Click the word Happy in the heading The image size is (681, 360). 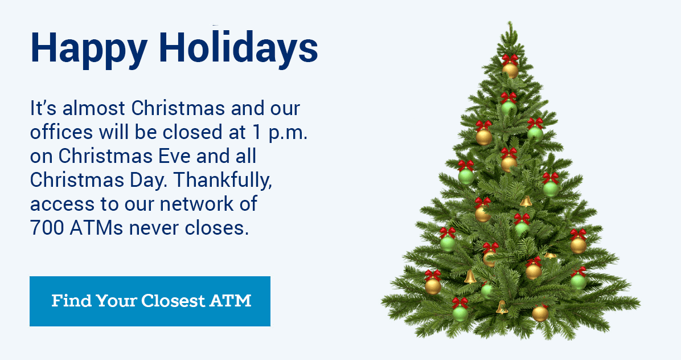[x=89, y=48]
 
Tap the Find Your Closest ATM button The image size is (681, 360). [x=150, y=301]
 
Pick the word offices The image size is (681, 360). [x=61, y=132]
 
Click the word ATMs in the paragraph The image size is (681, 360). [x=96, y=227]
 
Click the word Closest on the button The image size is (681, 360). [x=173, y=301]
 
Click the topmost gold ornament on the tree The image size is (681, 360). [x=510, y=71]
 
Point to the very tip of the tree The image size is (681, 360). [x=511, y=22]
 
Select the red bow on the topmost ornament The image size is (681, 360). [x=510, y=59]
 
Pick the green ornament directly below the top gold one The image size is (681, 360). [x=508, y=107]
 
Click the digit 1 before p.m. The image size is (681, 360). [x=257, y=132]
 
